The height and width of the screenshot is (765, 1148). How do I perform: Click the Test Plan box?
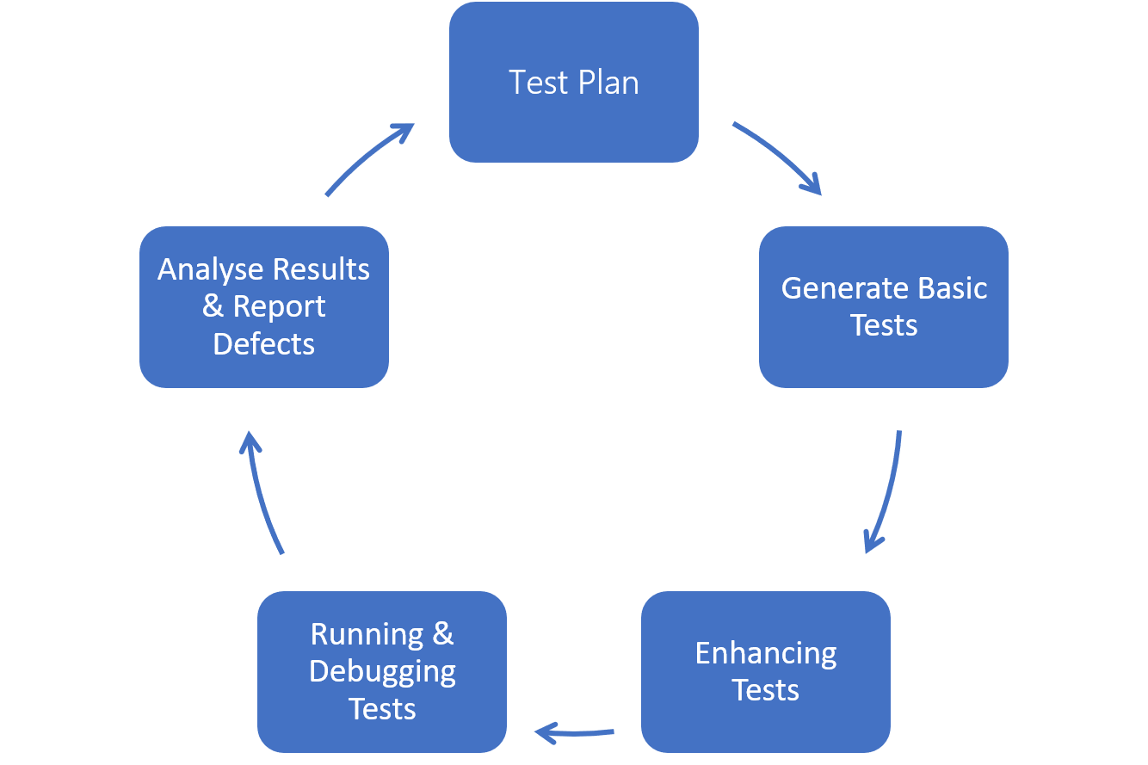[574, 83]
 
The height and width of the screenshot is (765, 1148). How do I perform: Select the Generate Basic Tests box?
[883, 306]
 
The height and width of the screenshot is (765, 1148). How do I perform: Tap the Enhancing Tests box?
[765, 671]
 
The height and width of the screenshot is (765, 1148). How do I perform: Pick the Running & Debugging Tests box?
[382, 671]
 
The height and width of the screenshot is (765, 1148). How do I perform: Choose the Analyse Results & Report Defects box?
[263, 306]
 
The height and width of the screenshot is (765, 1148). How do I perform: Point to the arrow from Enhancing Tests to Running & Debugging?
[574, 733]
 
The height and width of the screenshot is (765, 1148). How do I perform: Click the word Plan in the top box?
[608, 83]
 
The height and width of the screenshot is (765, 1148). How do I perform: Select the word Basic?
[950, 288]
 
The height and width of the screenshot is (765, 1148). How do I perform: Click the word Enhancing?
[765, 654]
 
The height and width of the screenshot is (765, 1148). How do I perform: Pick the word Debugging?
[382, 672]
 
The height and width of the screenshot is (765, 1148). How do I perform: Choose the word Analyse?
[210, 269]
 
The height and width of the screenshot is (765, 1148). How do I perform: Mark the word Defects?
[263, 344]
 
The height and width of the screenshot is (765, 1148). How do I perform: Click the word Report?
[279, 307]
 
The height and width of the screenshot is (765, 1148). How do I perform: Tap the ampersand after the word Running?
[442, 634]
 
